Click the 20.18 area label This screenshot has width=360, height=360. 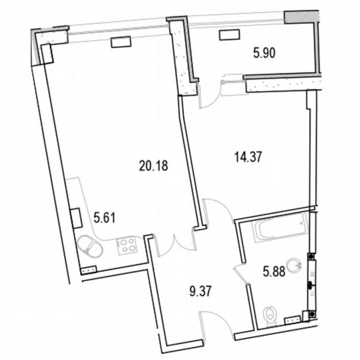pyautogui.click(x=153, y=165)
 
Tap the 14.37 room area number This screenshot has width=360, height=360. pyautogui.click(x=248, y=157)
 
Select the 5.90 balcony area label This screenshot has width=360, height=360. pyautogui.click(x=264, y=53)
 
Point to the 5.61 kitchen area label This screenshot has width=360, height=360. pyautogui.click(x=105, y=217)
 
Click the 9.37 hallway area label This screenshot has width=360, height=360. pyautogui.click(x=200, y=292)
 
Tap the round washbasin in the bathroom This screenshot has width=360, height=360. pyautogui.click(x=295, y=267)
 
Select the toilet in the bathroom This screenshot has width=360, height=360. pyautogui.click(x=271, y=316)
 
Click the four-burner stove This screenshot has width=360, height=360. pyautogui.click(x=127, y=246)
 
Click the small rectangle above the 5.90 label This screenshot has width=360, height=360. pyautogui.click(x=230, y=35)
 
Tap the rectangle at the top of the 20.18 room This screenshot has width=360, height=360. pyautogui.click(x=121, y=42)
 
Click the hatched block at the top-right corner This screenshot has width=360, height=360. pyautogui.click(x=301, y=17)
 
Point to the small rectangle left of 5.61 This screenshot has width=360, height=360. pyautogui.click(x=76, y=218)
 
